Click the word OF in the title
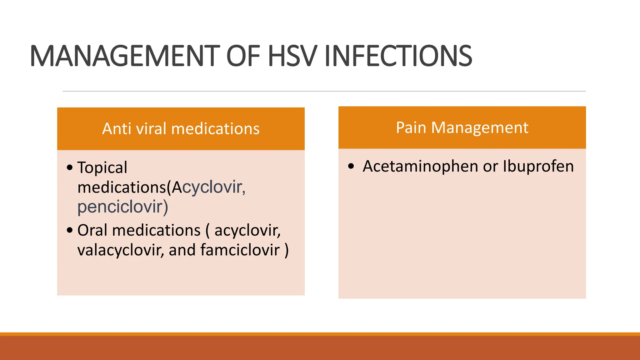coord(243,56)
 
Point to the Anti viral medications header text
coord(181,129)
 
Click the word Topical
coord(102,168)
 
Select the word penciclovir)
coord(123,207)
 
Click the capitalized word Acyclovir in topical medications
coord(209,187)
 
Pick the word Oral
coord(92,230)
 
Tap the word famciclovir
coord(240,250)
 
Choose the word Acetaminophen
coord(420,167)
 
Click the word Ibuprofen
coord(538,167)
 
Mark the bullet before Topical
coord(70,167)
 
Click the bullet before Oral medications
coord(70,231)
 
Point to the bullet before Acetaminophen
coord(351,166)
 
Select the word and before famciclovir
coord(182,250)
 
